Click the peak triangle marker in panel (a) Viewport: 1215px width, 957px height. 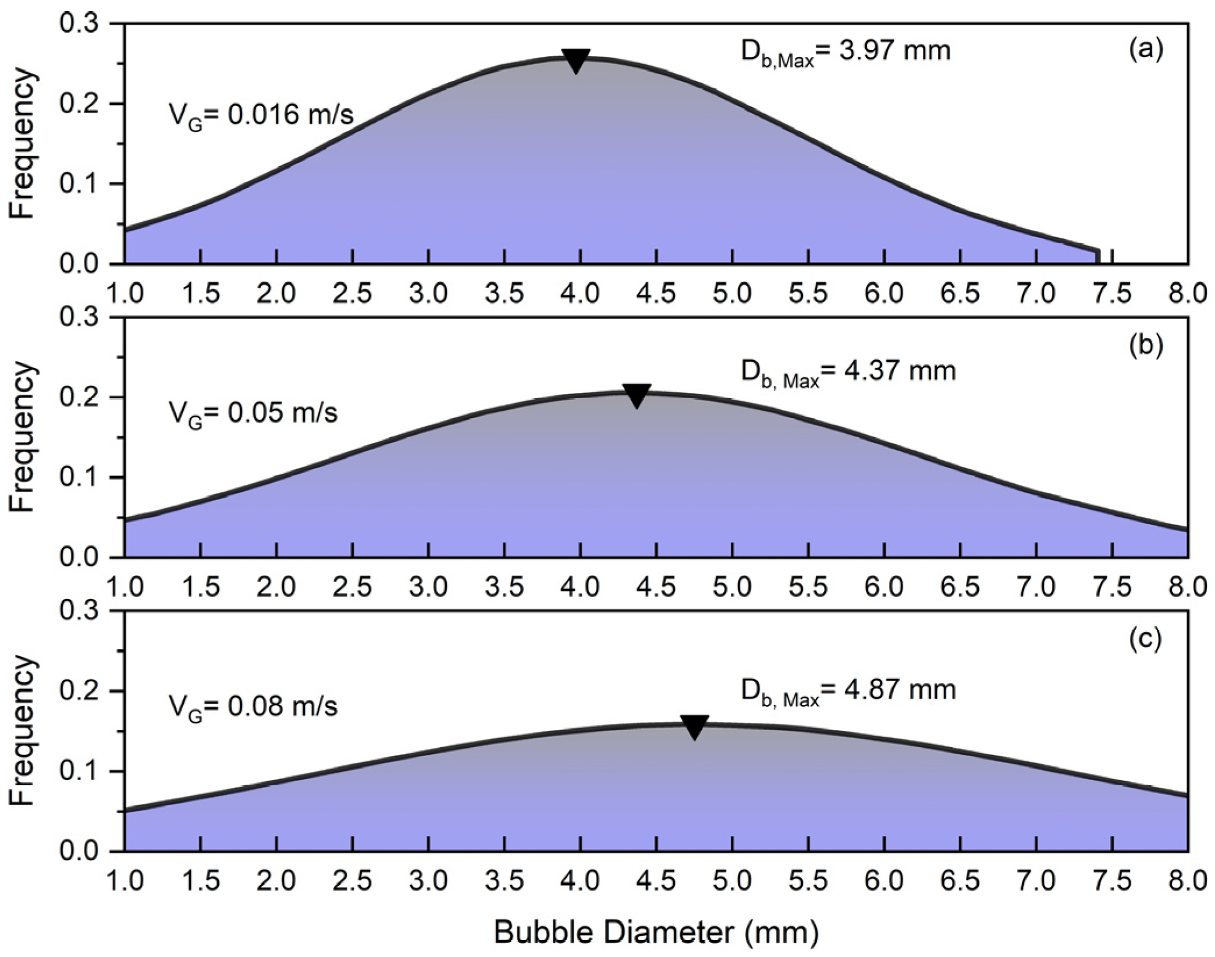pyautogui.click(x=576, y=61)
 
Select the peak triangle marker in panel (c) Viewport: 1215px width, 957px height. pyautogui.click(x=694, y=726)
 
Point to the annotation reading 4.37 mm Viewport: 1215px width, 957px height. pyautogui.click(x=848, y=371)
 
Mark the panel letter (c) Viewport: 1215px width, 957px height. pyautogui.click(x=1146, y=639)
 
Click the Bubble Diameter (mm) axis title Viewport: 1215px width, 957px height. pyautogui.click(x=656, y=933)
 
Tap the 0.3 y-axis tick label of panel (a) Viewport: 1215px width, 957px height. pyautogui.click(x=79, y=24)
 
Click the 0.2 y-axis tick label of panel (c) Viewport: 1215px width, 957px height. pyautogui.click(x=79, y=692)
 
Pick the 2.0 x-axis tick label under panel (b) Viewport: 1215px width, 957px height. pyautogui.click(x=276, y=587)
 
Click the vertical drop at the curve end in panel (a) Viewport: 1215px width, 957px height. pyautogui.click(x=1098, y=257)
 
